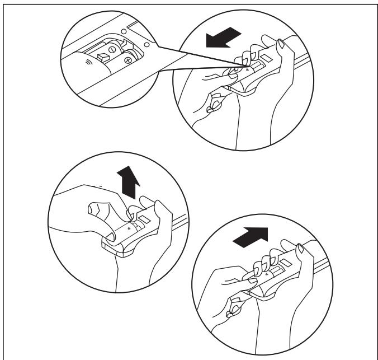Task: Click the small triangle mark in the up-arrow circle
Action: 129,229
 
